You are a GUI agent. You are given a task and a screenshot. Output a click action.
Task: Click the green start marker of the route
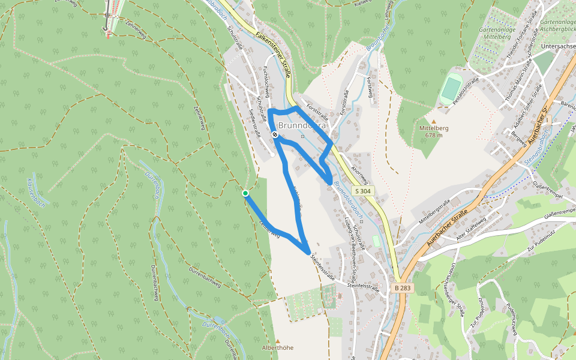coord(245,193)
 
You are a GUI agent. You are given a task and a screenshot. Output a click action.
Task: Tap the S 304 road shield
coord(362,191)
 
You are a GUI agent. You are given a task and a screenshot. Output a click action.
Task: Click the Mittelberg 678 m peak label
coord(434,131)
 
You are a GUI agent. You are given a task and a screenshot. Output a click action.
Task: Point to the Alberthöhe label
coord(278,347)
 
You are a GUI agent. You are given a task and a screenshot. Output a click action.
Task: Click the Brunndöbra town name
coord(302,126)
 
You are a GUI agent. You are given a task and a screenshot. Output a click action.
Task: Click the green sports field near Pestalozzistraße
coord(451,89)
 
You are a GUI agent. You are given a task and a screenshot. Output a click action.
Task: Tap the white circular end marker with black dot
coord(275,136)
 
